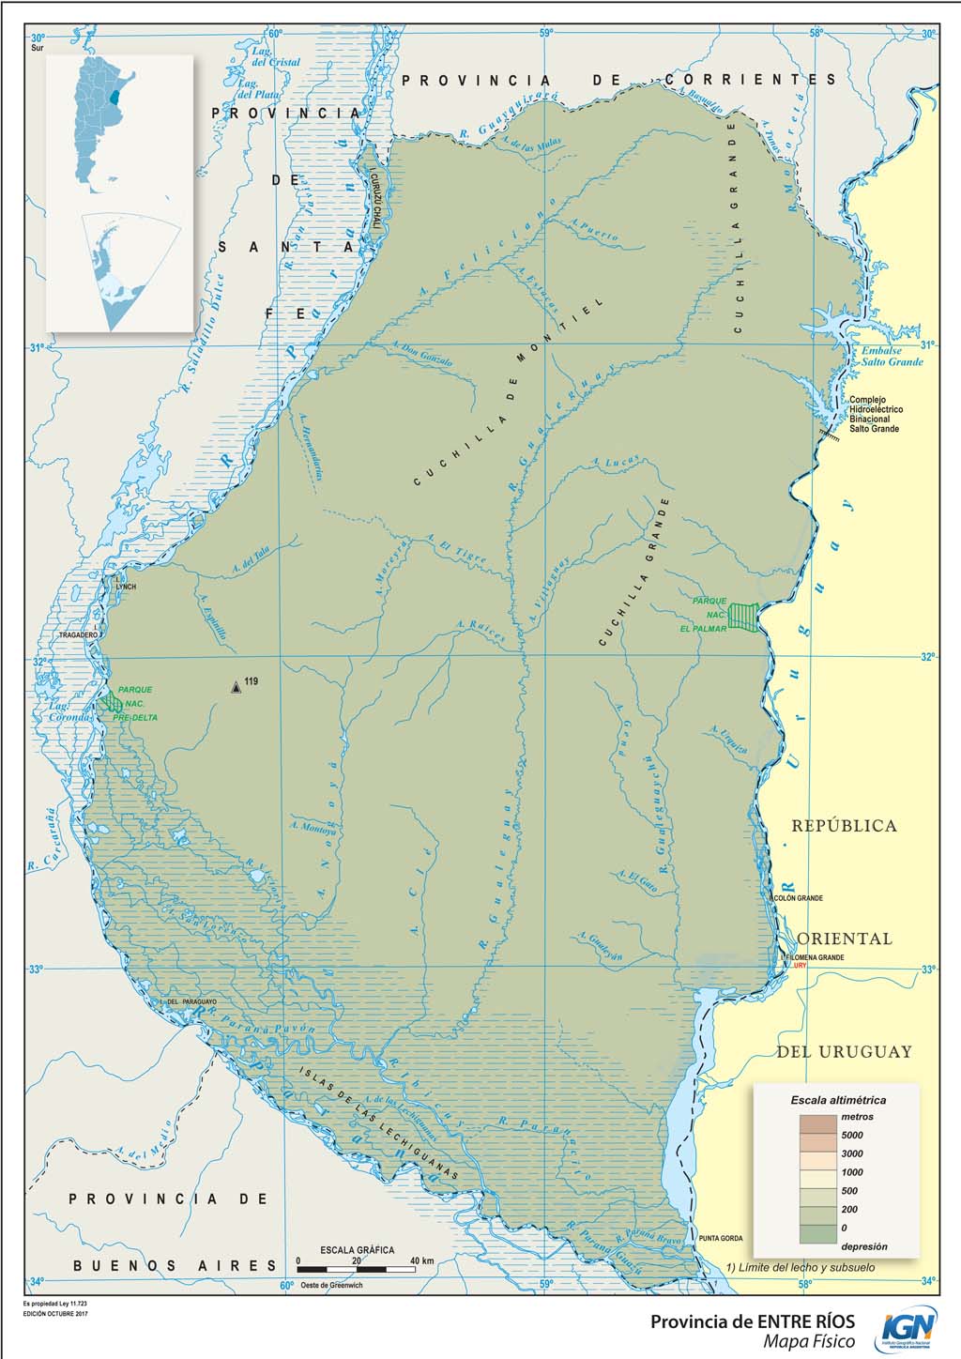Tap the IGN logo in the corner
907,1331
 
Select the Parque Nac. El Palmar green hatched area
744,618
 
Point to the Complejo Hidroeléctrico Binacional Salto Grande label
876,414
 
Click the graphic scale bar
357,1269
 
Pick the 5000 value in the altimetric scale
851,1136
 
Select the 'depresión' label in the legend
863,1246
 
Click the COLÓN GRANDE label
798,898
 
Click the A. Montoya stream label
313,829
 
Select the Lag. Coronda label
70,711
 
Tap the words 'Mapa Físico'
808,1342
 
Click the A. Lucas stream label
616,462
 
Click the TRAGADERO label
79,635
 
